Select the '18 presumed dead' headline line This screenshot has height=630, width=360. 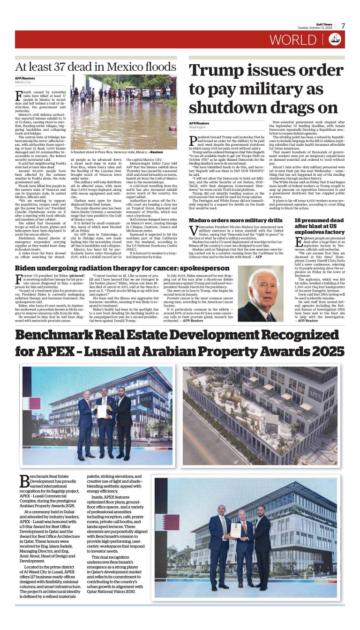pyautogui.click(x=320, y=220)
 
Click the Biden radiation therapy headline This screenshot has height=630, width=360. pyautogui.click(x=115, y=268)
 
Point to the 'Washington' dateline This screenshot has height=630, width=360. pyautogui.click(x=197, y=127)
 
